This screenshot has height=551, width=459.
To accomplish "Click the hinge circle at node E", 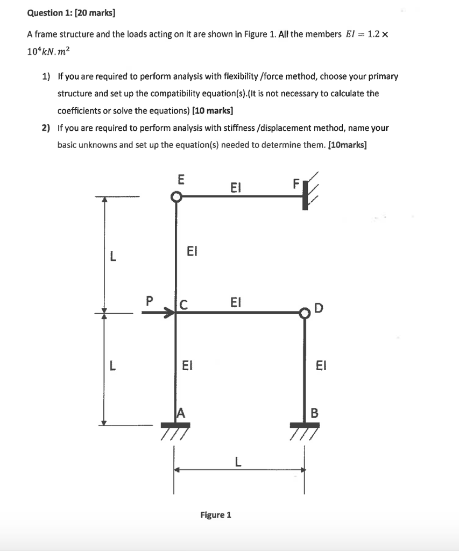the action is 176,197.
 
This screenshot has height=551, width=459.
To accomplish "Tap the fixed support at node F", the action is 306,195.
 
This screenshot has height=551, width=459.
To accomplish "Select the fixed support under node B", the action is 305,425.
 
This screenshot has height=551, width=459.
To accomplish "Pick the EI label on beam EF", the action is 235,187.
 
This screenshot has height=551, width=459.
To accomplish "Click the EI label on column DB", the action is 321,366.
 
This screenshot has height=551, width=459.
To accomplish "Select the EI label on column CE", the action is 192,251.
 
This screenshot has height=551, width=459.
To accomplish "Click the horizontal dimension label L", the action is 237,461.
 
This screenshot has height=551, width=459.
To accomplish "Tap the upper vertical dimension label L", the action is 112,256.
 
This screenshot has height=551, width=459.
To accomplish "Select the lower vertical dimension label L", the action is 112,366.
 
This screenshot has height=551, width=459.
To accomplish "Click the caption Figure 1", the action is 215,515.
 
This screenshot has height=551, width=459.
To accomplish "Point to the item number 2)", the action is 46,128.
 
